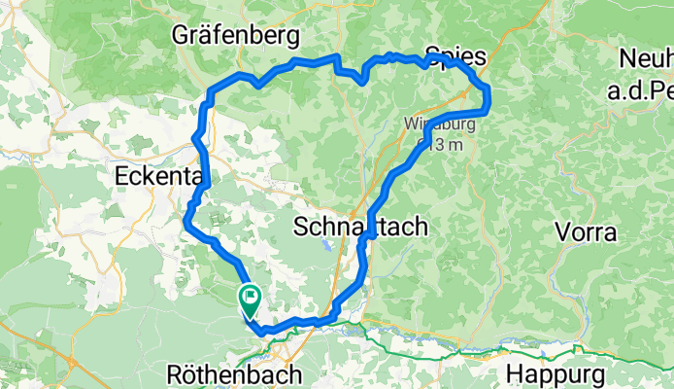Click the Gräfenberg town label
pos(233,36)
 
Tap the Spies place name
pos(455,55)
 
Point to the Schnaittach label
pos(360,227)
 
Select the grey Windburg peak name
pos(428,125)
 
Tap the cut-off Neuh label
pos(647,57)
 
